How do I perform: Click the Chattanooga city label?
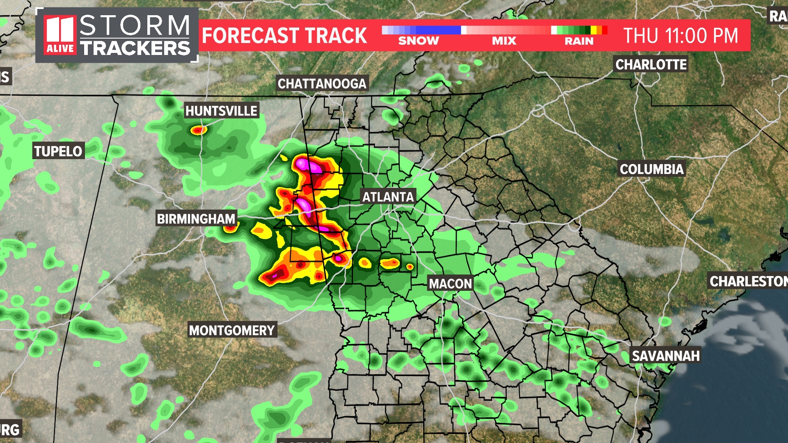[322, 84]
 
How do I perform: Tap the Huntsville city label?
[221, 111]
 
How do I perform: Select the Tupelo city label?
[58, 151]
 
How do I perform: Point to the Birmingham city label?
[196, 219]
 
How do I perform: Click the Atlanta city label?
[388, 197]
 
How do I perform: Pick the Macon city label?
[450, 283]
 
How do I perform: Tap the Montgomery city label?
[232, 330]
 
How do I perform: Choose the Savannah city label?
[665, 356]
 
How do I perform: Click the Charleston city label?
[748, 281]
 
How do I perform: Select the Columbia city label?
[652, 169]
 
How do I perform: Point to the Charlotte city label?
[651, 64]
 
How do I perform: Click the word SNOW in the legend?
[418, 41]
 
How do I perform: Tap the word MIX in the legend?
[504, 41]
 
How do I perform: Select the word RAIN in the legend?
[579, 41]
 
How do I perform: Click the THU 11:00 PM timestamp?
[680, 36]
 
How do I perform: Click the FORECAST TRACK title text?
[284, 36]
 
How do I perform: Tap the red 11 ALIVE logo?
[60, 35]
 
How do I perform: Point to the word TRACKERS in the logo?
[135, 48]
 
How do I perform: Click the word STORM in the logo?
[135, 25]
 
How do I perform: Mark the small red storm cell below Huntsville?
[199, 130]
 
